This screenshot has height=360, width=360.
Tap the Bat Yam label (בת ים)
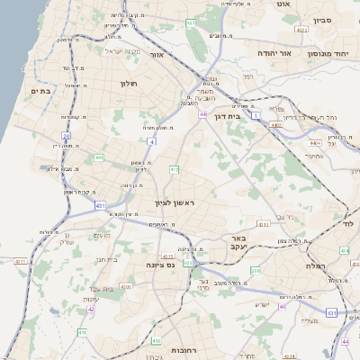click(38, 90)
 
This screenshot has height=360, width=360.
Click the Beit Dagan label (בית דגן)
click(232, 116)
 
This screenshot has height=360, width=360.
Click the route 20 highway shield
click(67, 136)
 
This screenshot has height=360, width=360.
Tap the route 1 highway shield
click(256, 115)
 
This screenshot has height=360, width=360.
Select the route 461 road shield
click(191, 22)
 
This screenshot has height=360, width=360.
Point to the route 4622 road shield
click(302, 30)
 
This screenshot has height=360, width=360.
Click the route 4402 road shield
click(275, 124)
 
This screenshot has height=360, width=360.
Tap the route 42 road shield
click(91, 309)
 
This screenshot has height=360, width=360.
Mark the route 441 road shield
click(97, 158)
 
